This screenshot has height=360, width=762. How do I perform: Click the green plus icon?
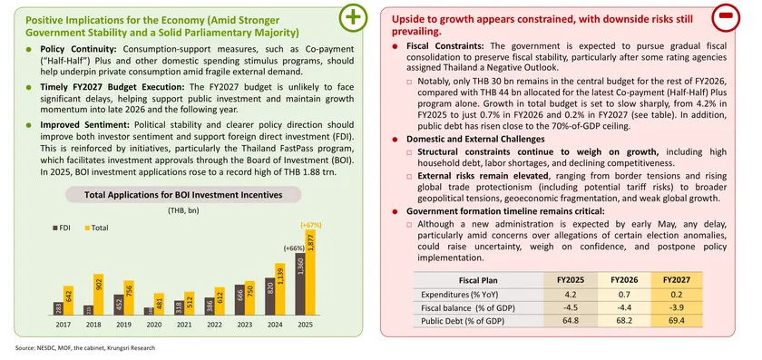(354, 20)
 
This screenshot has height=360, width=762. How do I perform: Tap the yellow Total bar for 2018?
(100, 294)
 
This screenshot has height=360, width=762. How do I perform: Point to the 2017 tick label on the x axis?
(63, 324)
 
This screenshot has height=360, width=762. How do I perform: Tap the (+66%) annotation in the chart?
(293, 248)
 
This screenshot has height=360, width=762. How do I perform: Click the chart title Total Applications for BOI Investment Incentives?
(182, 194)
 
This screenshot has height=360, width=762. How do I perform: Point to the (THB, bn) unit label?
(184, 210)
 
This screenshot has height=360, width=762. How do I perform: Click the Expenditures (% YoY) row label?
(454, 294)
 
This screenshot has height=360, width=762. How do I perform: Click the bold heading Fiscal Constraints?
(442, 45)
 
